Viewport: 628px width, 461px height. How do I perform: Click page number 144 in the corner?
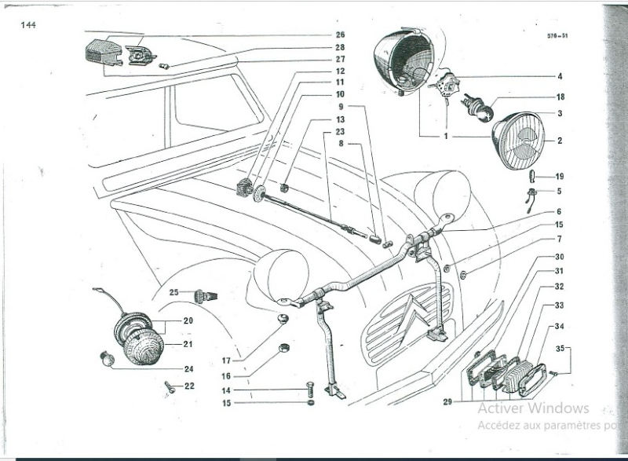click(x=28, y=25)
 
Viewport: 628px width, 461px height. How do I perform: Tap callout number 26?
click(x=340, y=35)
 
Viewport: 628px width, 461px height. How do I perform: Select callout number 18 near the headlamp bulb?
click(x=560, y=97)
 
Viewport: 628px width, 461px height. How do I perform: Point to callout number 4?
click(x=560, y=77)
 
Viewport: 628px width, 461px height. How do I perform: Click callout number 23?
click(x=340, y=132)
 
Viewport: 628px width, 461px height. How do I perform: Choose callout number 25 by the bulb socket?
click(x=174, y=292)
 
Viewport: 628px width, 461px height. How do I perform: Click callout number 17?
click(x=225, y=360)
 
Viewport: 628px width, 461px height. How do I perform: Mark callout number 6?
click(x=559, y=211)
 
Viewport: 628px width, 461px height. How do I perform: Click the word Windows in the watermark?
click(x=558, y=408)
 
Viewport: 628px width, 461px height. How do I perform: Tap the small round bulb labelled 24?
click(x=108, y=360)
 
